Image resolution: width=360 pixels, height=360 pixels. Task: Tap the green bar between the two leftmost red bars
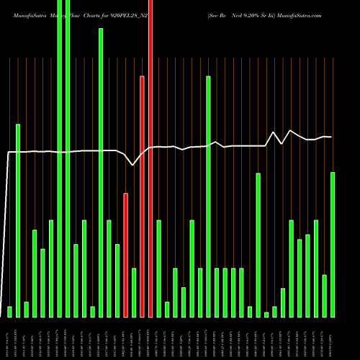[134, 292]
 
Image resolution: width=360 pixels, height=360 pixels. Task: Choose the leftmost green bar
[9, 311]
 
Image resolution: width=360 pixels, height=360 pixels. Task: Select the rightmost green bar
[333, 244]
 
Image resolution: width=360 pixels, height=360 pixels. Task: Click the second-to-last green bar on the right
[325, 295]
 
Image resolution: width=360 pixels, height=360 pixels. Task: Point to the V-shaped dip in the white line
[132, 165]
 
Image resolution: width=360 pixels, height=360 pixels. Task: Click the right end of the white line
[331, 137]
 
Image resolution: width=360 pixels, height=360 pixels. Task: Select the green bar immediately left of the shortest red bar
[117, 280]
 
